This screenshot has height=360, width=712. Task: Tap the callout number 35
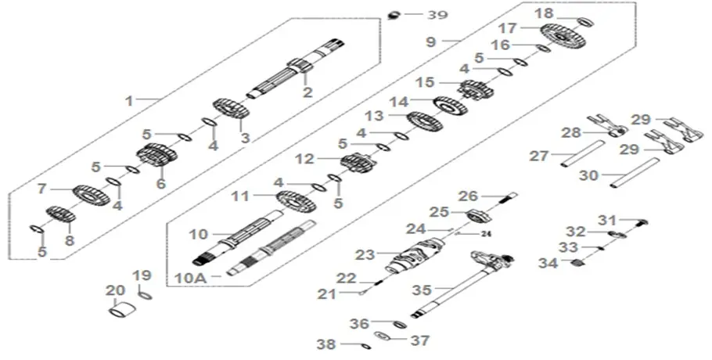tap(421, 290)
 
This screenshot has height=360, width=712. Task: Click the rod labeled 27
tap(582, 153)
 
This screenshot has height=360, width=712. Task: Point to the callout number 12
tap(305, 159)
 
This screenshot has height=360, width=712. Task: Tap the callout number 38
tap(325, 343)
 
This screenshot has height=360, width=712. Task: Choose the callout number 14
tap(401, 101)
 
